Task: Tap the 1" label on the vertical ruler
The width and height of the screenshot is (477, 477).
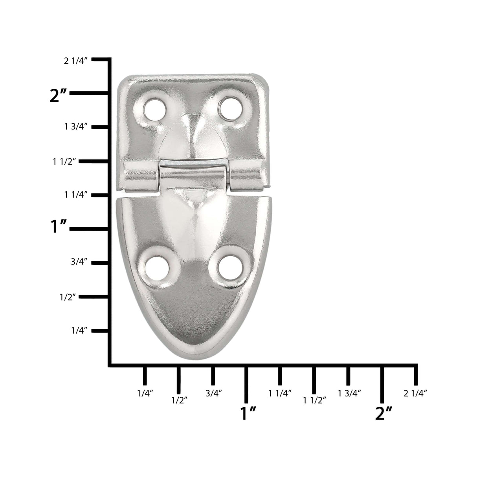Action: click(x=59, y=228)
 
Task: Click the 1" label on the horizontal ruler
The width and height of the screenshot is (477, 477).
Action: click(x=248, y=414)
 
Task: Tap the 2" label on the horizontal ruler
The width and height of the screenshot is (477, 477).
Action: click(x=384, y=414)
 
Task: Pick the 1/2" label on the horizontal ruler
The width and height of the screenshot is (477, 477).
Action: click(x=179, y=400)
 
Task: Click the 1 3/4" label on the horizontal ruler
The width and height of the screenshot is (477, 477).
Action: click(x=349, y=393)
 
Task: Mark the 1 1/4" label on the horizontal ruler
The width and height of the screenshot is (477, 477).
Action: click(x=280, y=393)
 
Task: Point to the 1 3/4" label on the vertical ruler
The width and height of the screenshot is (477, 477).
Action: click(x=75, y=127)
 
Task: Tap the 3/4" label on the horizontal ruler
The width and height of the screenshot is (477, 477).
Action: click(x=214, y=393)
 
